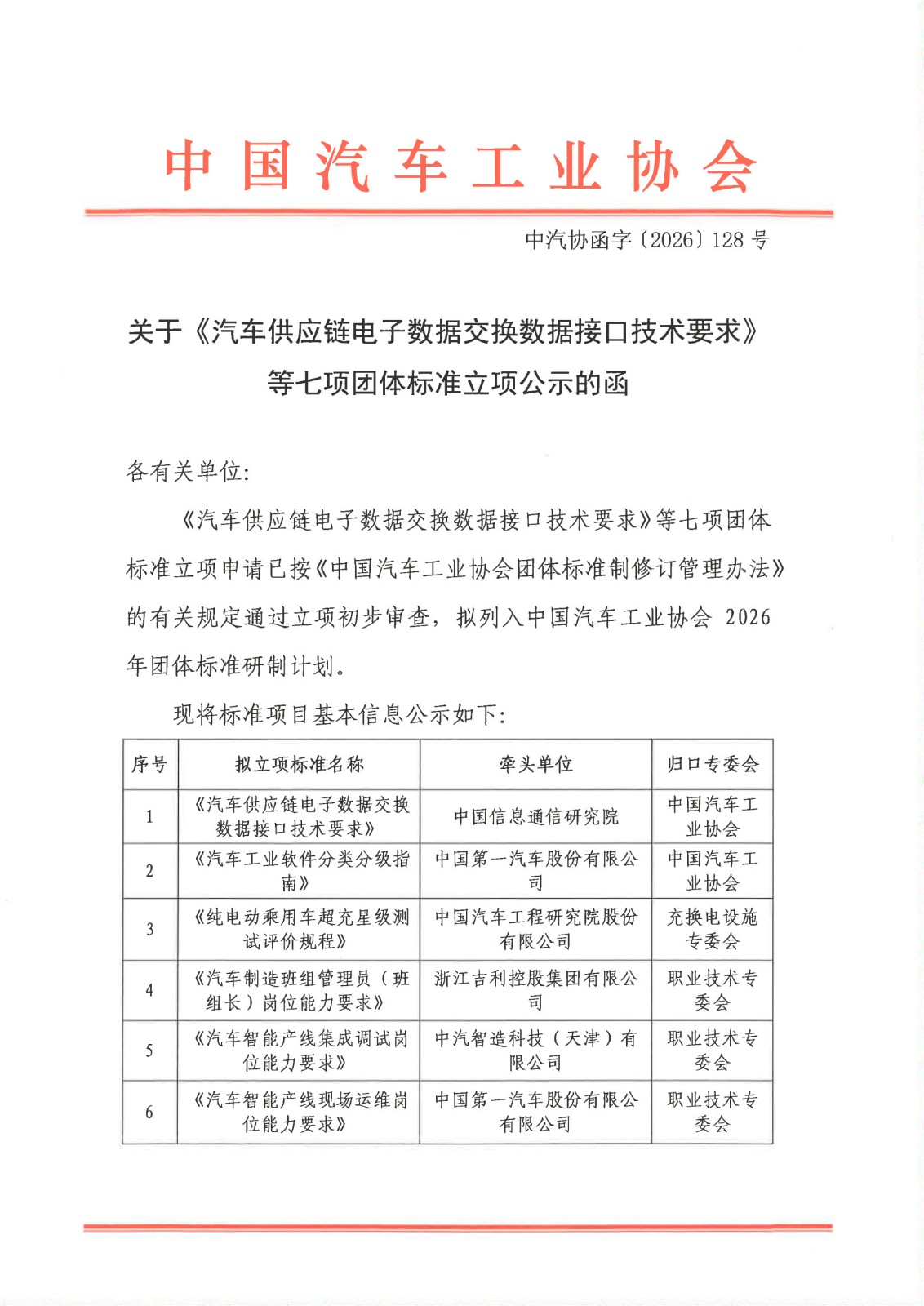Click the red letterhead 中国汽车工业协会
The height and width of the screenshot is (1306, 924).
pyautogui.click(x=460, y=167)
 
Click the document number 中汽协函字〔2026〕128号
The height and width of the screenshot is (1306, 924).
pyautogui.click(x=646, y=240)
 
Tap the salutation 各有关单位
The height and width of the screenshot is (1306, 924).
pyautogui.click(x=188, y=471)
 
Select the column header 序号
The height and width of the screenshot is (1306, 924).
pyautogui.click(x=149, y=764)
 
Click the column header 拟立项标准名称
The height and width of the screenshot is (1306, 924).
pyautogui.click(x=299, y=764)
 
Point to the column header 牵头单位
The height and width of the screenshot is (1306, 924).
pyautogui.click(x=535, y=764)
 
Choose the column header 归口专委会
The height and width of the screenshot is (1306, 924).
pyautogui.click(x=713, y=764)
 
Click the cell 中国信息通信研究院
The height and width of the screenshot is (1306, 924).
pyautogui.click(x=535, y=816)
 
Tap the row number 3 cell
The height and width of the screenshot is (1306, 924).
pyautogui.click(x=149, y=929)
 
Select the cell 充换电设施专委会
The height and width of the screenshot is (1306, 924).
pyautogui.click(x=713, y=929)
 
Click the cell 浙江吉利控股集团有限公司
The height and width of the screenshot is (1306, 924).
pyautogui.click(x=535, y=989)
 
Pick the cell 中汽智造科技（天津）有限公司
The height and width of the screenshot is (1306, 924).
pyautogui.click(x=535, y=1050)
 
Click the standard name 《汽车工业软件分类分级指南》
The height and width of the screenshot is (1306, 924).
pyautogui.click(x=299, y=870)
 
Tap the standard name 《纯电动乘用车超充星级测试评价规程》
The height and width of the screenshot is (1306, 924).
pyautogui.click(x=299, y=929)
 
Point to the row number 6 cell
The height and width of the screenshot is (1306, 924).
pyautogui.click(x=149, y=1112)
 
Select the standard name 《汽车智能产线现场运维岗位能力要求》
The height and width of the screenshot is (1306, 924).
pyautogui.click(x=299, y=1112)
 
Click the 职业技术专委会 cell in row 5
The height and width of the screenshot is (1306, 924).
pyautogui.click(x=713, y=1050)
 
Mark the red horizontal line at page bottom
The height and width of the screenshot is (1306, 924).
pyautogui.click(x=457, y=1226)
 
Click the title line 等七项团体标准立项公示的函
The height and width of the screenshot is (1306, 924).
pyautogui.click(x=448, y=383)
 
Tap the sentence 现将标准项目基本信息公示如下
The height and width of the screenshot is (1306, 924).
pyautogui.click(x=339, y=715)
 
